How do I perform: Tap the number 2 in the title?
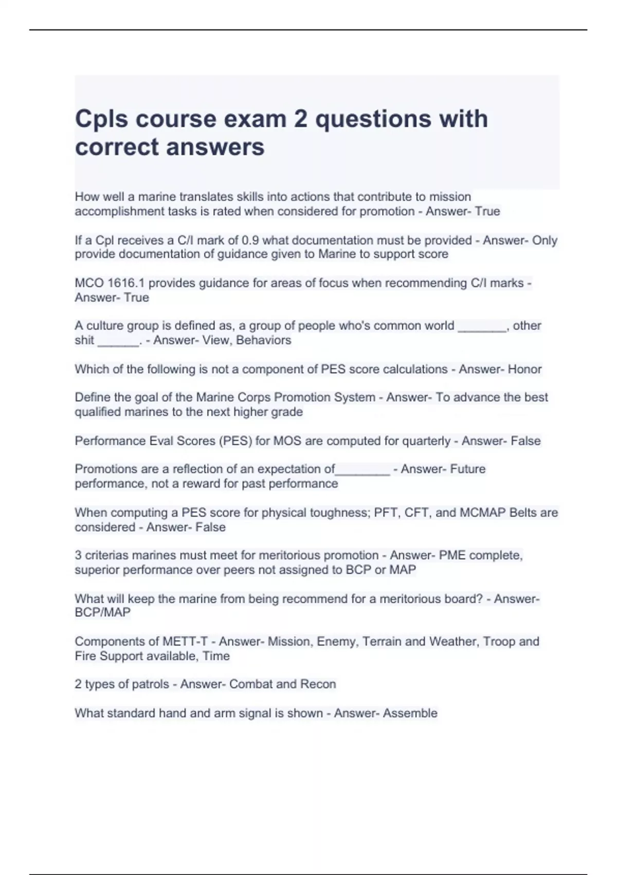[300, 119]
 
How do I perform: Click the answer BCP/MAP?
[102, 612]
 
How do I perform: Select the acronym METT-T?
[185, 642]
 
